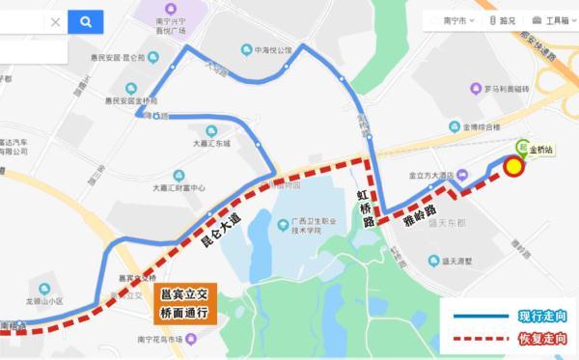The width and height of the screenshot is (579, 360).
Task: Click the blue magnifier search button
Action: (x=86, y=21)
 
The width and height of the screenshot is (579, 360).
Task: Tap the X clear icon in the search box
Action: (x=54, y=21)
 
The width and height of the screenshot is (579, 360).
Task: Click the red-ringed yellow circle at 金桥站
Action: (x=514, y=169)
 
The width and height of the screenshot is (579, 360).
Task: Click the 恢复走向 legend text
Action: (x=541, y=339)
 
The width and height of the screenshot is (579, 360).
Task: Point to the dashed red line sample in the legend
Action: (x=475, y=340)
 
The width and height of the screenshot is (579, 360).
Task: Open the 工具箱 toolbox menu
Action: (x=554, y=19)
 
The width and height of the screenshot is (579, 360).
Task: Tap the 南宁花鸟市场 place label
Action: (x=164, y=339)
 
